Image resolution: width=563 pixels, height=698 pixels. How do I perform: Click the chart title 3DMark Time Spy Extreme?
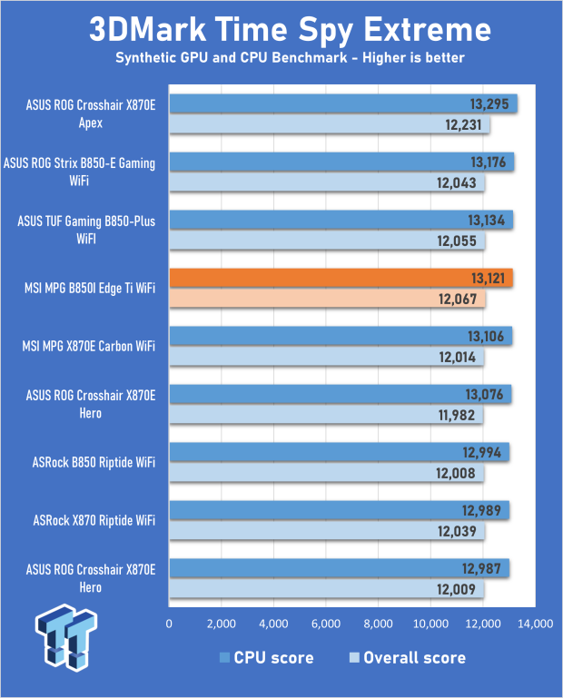290,30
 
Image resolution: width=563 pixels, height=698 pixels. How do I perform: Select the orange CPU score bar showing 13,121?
341,279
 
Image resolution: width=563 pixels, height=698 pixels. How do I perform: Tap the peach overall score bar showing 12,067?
327,300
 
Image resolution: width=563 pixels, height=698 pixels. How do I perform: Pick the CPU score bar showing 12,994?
339,452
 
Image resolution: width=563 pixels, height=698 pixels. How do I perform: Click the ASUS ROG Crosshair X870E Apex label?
90,114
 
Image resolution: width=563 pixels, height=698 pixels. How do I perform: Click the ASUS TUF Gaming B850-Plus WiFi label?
86,231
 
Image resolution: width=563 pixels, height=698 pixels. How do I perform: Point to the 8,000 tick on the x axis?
378,624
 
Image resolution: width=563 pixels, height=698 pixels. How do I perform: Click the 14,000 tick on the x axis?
535,624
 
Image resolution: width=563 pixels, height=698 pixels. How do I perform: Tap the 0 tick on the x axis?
169,624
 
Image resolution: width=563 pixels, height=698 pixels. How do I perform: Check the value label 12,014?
459,357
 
